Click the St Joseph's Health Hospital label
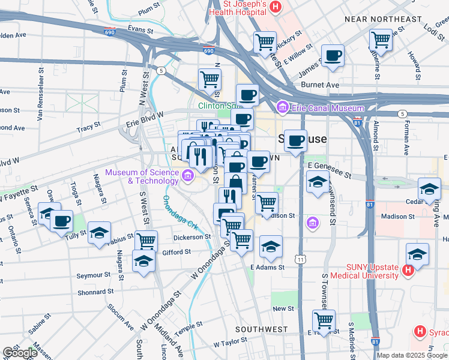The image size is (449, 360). [237, 8]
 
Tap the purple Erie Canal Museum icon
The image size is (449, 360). [282, 108]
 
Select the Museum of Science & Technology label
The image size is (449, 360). [141, 176]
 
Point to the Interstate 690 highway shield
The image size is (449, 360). [208, 52]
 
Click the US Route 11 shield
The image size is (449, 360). [300, 259]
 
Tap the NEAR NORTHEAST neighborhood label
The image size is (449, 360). [383, 19]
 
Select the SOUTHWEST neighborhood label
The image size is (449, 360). [261, 330]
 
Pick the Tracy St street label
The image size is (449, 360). [88, 128]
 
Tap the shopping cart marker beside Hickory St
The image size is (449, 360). [265, 43]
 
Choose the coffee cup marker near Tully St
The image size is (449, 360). [61, 221]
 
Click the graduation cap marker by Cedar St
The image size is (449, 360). [429, 190]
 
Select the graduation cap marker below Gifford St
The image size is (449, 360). [143, 261]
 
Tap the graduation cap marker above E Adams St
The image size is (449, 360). [271, 246]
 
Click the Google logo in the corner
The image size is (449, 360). [20, 353]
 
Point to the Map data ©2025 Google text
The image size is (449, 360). [412, 355]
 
